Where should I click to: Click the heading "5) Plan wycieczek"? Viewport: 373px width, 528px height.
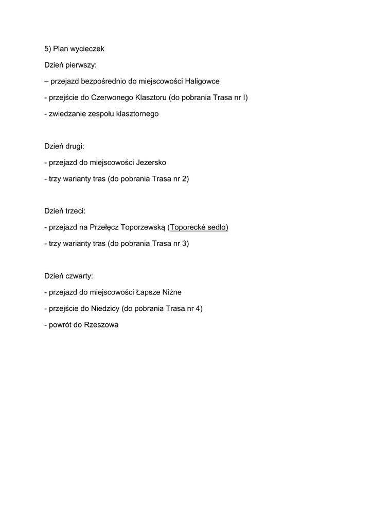(x=74, y=49)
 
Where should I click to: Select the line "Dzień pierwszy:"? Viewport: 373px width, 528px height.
(x=70, y=65)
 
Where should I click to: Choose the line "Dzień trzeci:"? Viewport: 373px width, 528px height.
(x=65, y=211)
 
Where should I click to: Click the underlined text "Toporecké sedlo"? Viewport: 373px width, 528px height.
(x=198, y=227)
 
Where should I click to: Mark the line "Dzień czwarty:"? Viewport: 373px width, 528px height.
(x=68, y=276)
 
